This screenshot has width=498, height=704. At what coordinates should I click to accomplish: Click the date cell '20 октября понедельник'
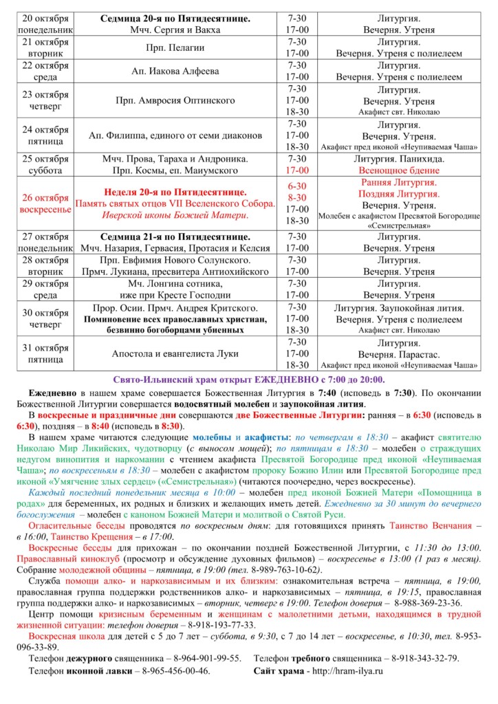pos(45,24)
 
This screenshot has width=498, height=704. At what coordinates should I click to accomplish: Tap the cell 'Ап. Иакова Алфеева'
pos(181,71)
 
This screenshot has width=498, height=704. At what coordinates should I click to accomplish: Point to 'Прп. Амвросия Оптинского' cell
pos(181,100)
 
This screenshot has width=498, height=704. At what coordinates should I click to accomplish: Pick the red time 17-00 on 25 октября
pos(297,170)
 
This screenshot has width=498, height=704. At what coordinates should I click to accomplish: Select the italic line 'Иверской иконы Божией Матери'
pos(181,215)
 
